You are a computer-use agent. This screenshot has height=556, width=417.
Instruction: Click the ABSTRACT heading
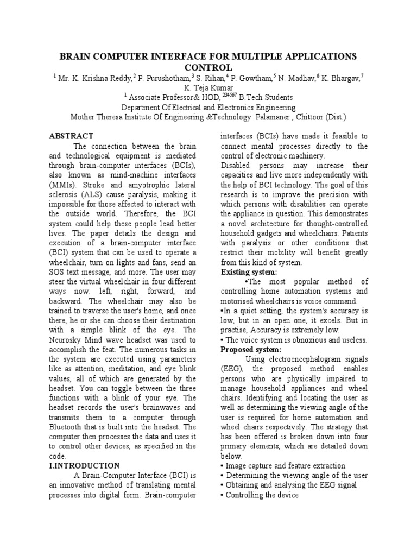click(x=71, y=136)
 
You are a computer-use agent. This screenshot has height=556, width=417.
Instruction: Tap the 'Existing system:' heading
click(x=249, y=271)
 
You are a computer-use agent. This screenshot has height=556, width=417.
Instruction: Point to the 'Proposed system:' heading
click(x=251, y=349)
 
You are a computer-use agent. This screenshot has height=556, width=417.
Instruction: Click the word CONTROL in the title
click(x=208, y=67)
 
